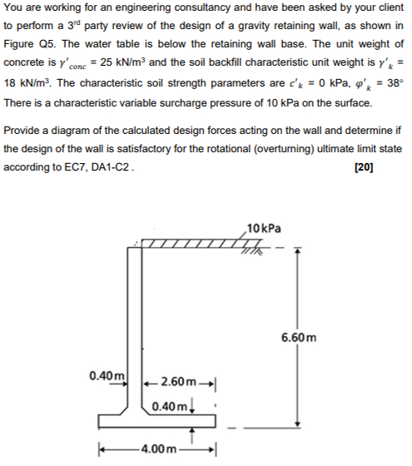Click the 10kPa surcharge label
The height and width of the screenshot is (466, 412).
click(x=265, y=227)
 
